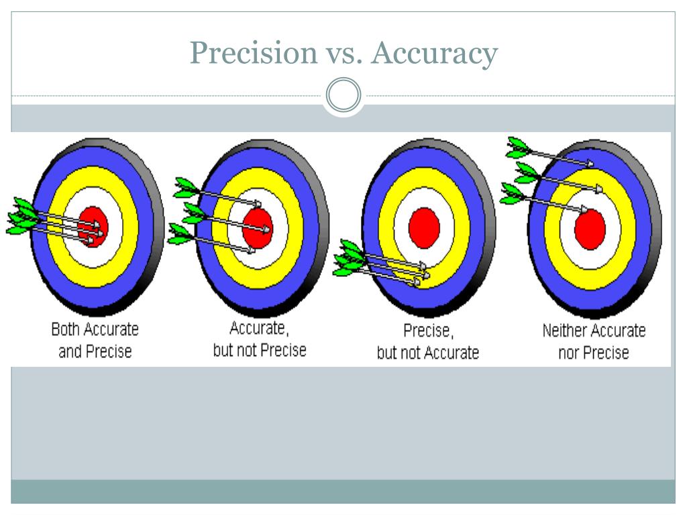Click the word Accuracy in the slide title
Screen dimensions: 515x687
coord(435,53)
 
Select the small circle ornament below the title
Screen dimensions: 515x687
coord(343,96)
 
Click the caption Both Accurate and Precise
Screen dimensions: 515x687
coord(95,340)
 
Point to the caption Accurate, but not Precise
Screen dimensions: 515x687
coord(259,339)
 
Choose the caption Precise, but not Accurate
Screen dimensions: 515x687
coord(427,341)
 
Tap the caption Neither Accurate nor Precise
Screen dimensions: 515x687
coord(594,341)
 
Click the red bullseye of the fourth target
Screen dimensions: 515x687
coord(590,229)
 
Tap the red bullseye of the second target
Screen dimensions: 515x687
coord(257,227)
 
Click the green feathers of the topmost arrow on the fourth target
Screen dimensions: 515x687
coord(517,148)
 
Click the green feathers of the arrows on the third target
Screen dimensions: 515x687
coord(349,258)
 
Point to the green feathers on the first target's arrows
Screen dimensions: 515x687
coord(22,215)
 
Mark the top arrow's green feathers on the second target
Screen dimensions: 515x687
coord(186,187)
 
